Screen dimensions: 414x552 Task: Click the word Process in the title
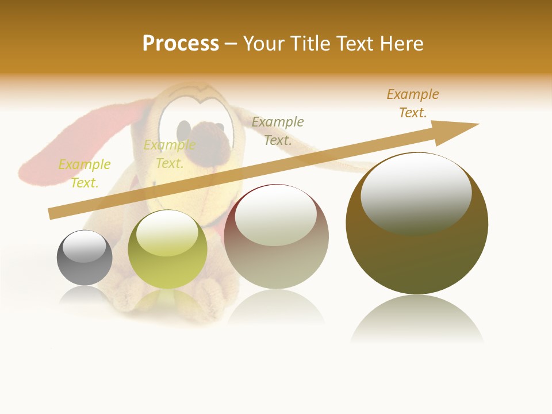coord(181,44)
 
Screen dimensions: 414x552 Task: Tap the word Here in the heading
coord(402,44)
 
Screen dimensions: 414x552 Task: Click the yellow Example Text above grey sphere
coord(85,173)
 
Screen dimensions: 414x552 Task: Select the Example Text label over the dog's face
coord(170,154)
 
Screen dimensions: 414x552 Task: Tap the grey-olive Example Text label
coord(278,131)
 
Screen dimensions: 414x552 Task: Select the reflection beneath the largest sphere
coord(417,319)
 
